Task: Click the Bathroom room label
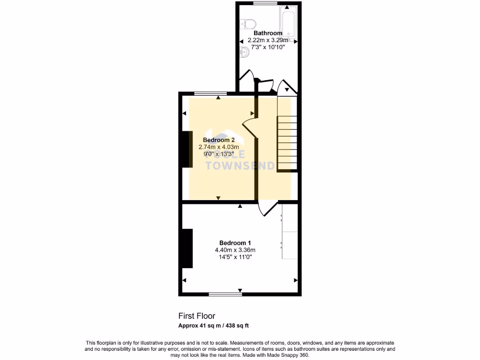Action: pos(268,33)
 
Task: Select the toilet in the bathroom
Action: pos(247,23)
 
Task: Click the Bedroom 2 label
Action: pos(219,140)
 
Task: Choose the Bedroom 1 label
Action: pos(235,243)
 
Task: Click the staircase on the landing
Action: pos(287,143)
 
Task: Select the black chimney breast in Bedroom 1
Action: pos(187,248)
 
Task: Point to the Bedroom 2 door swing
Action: pos(248,126)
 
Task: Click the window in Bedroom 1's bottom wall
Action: pos(225,294)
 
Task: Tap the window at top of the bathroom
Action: pos(265,3)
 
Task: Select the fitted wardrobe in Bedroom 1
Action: pos(289,231)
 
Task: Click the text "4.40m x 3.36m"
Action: pos(235,250)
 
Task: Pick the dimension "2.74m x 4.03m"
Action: pos(219,147)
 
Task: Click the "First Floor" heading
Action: pos(196,316)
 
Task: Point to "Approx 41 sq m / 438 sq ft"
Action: pos(216,326)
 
